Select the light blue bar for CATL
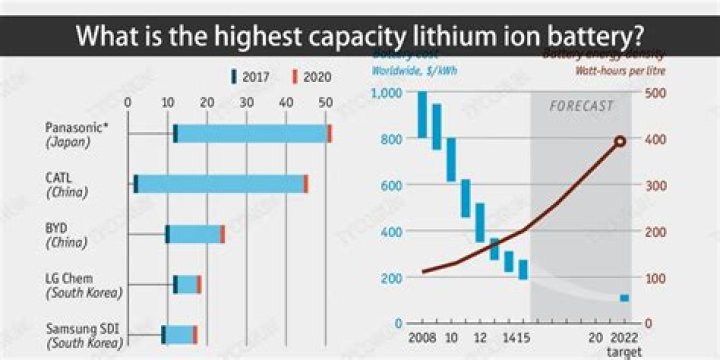(x=220, y=184)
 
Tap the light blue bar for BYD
(x=194, y=234)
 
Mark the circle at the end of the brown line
(x=620, y=141)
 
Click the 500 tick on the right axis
(x=655, y=93)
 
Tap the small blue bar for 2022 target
(x=624, y=298)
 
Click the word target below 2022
(x=623, y=353)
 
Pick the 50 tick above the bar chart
(x=324, y=103)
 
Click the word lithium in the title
(x=454, y=37)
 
